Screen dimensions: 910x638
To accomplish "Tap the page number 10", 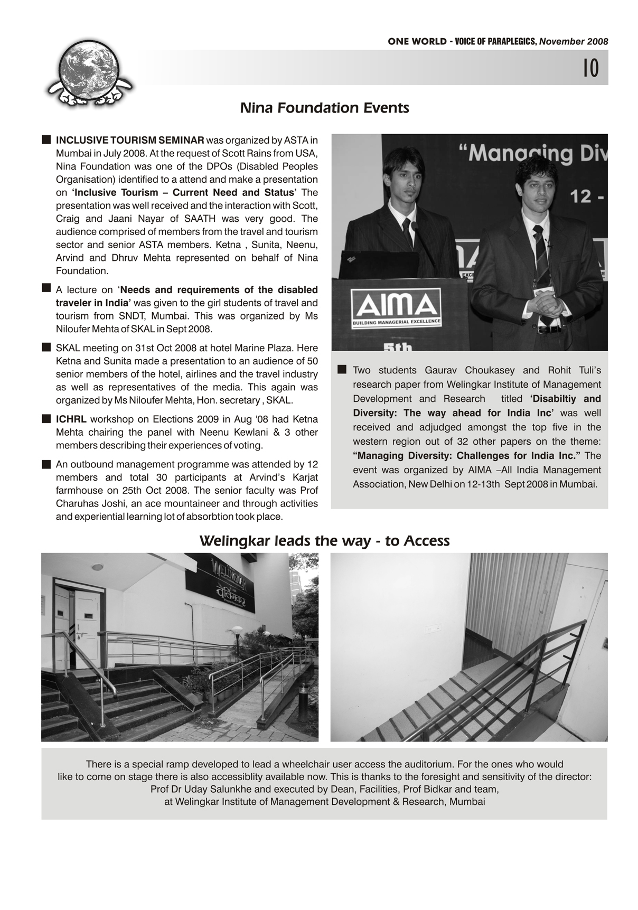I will pyautogui.click(x=591, y=68).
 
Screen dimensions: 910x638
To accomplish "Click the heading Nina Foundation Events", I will pyautogui.click(x=324, y=108).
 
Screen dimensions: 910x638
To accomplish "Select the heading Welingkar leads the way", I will pyautogui.click(x=324, y=541).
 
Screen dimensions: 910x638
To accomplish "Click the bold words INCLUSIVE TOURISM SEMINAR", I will pyautogui.click(x=130, y=140).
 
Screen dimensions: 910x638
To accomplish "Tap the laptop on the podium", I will pyautogui.click(x=377, y=264).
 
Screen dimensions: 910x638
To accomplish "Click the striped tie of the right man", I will pyautogui.click(x=541, y=254).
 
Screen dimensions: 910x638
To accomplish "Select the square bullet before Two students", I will pyautogui.click(x=342, y=369).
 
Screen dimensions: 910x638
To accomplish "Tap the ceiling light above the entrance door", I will pyautogui.click(x=97, y=567).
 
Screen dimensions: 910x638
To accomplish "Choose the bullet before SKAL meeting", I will pyautogui.click(x=46, y=348).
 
